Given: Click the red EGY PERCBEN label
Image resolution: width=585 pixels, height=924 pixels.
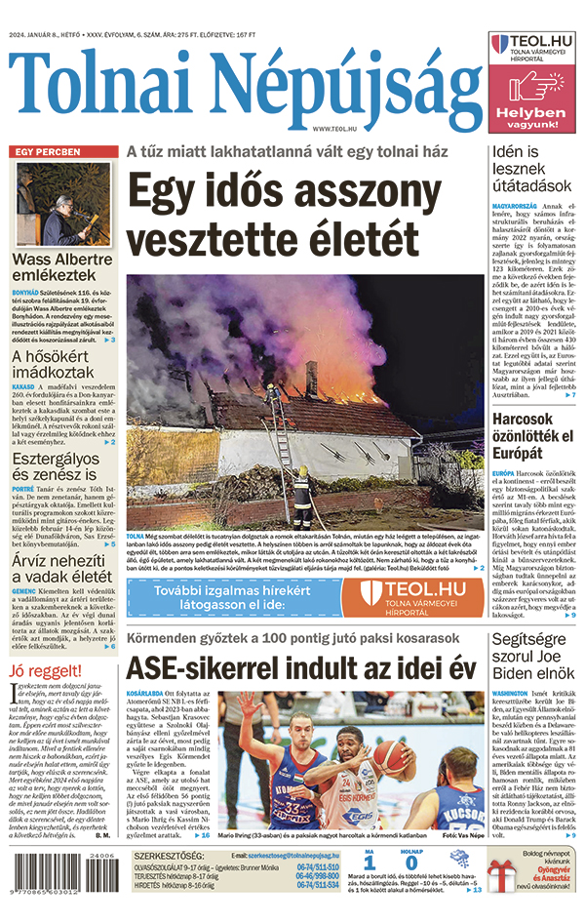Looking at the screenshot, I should tap(47, 152).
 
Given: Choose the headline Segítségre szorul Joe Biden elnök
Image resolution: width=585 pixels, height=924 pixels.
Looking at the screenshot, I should tap(533, 656).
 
